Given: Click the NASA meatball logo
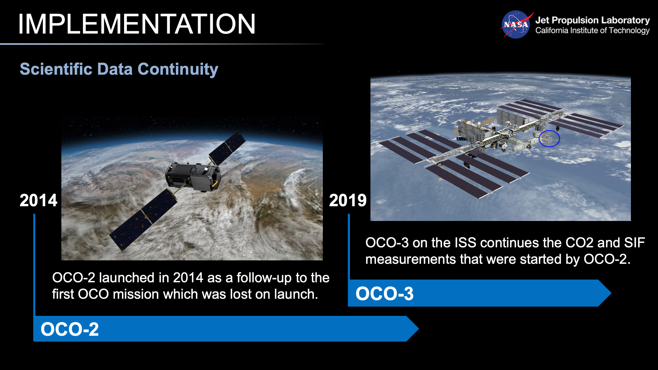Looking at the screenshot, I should point(515,25).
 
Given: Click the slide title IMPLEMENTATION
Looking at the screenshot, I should point(136,24).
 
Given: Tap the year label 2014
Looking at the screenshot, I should point(38,200).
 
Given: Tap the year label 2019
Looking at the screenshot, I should point(348,200).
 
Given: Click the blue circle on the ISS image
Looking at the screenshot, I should point(549,138).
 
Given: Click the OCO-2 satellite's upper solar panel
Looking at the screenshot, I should point(227,148).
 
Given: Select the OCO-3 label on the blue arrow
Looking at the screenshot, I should point(385,294).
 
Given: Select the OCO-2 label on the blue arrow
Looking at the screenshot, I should point(70,329).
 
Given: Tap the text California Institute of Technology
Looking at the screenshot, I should point(592,30).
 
